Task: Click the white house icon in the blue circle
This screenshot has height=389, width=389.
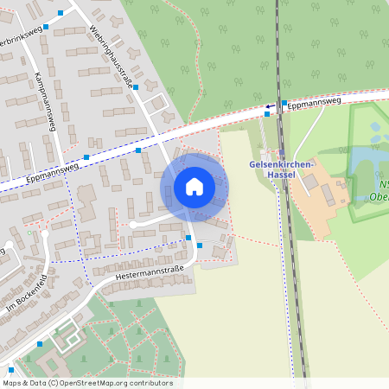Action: [194, 186]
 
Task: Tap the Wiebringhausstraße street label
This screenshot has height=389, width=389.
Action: [112, 58]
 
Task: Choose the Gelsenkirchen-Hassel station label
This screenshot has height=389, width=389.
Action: [283, 169]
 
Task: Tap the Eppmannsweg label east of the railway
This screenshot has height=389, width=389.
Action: [316, 102]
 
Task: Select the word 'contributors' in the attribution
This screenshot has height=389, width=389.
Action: [150, 383]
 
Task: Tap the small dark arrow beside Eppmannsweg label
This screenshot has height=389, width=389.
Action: [269, 106]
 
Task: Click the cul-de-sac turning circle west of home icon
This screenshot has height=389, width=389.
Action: [133, 224]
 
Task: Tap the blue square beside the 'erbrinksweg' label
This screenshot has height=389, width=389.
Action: [47, 26]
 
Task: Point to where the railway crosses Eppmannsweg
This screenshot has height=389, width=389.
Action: [279, 107]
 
